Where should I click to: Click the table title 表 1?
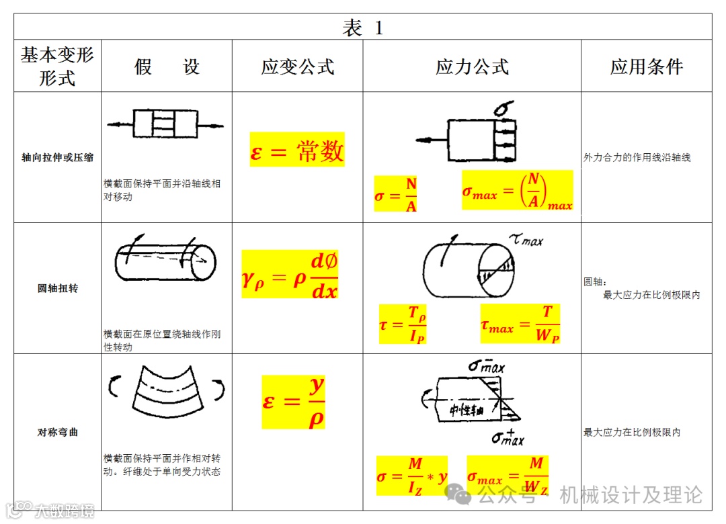pyautogui.click(x=363, y=28)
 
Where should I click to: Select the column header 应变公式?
pyautogui.click(x=298, y=67)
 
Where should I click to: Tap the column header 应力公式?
pyautogui.click(x=472, y=67)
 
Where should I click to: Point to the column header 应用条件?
pyautogui.click(x=647, y=67)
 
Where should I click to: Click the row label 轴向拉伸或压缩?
pyautogui.click(x=57, y=158)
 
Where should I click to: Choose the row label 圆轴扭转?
pyautogui.click(x=57, y=288)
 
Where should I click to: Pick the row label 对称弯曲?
pyautogui.click(x=57, y=432)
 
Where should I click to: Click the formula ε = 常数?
pyautogui.click(x=297, y=150)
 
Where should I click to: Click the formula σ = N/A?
pyautogui.click(x=397, y=194)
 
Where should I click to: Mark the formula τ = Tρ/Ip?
pyautogui.click(x=403, y=324)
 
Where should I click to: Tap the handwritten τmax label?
pyautogui.click(x=526, y=238)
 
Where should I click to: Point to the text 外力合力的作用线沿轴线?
pyautogui.click(x=637, y=158)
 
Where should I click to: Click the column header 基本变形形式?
pyautogui.click(x=57, y=66)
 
